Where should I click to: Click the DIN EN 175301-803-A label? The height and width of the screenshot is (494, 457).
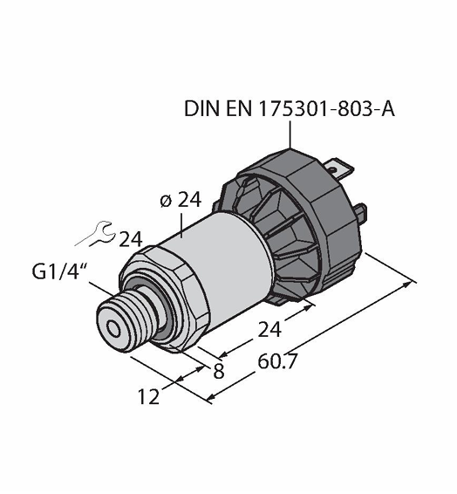(289, 109)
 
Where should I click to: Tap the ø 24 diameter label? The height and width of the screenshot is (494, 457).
(181, 200)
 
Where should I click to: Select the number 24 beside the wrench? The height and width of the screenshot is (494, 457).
(131, 239)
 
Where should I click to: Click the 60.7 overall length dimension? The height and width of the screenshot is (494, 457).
(277, 361)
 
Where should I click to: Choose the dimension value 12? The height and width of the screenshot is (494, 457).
(149, 396)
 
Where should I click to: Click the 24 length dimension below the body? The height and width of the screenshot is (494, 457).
(269, 330)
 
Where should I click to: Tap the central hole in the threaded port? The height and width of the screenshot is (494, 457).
(113, 329)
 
